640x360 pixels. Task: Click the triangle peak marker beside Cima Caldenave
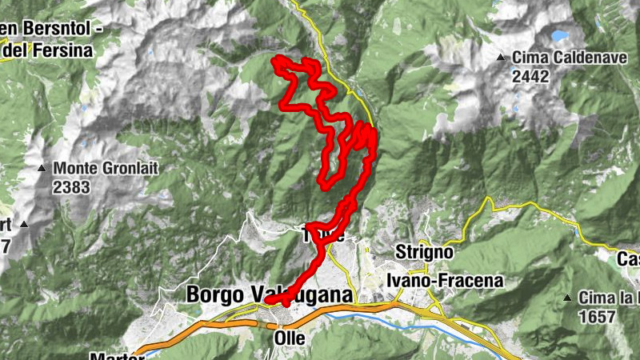[501, 58]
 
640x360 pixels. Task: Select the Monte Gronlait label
[100, 170]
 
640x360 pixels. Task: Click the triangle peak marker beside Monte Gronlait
[42, 169]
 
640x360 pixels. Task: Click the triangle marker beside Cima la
[567, 298]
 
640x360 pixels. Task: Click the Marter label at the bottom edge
[111, 356]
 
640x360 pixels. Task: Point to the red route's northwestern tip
[277, 60]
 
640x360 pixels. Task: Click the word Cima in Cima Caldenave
[527, 58]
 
